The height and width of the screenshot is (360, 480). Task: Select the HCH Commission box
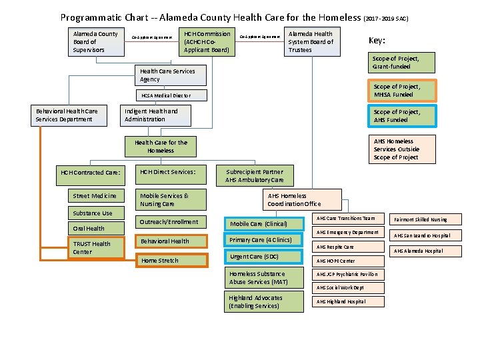[x=207, y=41]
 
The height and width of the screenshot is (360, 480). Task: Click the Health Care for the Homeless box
[x=161, y=146]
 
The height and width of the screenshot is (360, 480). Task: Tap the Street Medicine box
[x=95, y=196]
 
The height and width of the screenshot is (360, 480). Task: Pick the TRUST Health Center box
[x=98, y=248]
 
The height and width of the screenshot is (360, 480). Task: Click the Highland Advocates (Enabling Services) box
[x=256, y=302]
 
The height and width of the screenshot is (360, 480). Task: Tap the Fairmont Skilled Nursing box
[x=421, y=219]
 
